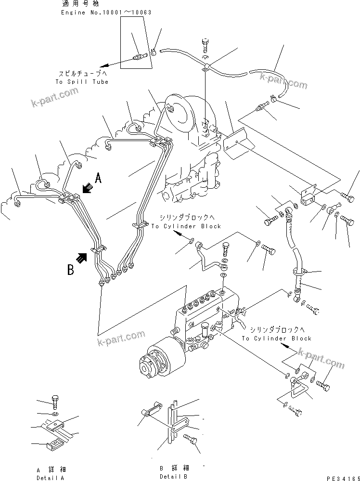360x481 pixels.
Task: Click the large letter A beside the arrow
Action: (98, 179)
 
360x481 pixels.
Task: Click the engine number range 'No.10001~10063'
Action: (117, 12)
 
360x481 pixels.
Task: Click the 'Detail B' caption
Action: (174, 476)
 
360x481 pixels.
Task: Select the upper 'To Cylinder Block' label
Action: (186, 226)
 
